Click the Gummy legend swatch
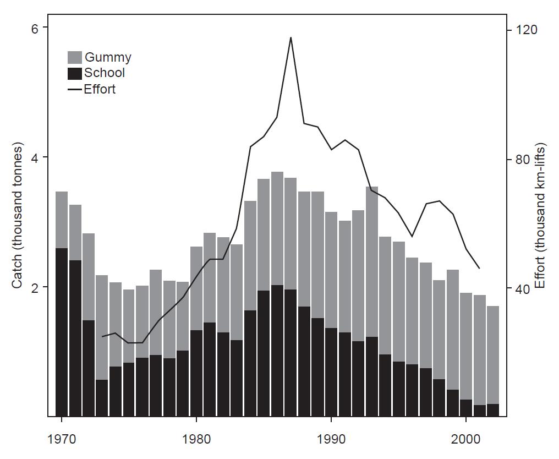pos(75,57)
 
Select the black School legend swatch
pos(75,73)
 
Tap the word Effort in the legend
pos(100,89)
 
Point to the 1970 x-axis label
pos(62,441)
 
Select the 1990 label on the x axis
pos(331,441)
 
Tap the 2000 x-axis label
pos(466,441)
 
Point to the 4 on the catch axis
pos(37,157)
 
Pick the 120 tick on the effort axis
pos(524,30)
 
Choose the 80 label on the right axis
pos(521,160)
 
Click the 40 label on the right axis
pos(521,289)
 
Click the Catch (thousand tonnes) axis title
pos(18,216)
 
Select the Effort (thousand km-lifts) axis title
pos(540,216)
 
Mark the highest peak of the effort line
pos(291,37)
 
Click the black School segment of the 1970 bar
pos(62,330)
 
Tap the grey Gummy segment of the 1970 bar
pos(62,220)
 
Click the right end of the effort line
pos(479,268)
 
